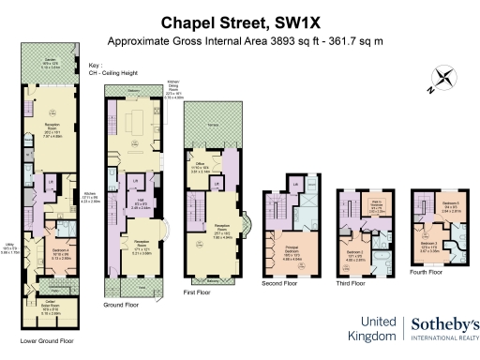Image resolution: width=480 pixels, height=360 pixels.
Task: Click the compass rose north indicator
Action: pyautogui.click(x=440, y=82)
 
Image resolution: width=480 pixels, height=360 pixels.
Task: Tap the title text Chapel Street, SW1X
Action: pyautogui.click(x=239, y=22)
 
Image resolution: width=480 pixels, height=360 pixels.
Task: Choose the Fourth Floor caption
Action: pyautogui.click(x=432, y=272)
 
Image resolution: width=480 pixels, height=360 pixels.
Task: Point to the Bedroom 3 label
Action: pyautogui.click(x=430, y=246)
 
